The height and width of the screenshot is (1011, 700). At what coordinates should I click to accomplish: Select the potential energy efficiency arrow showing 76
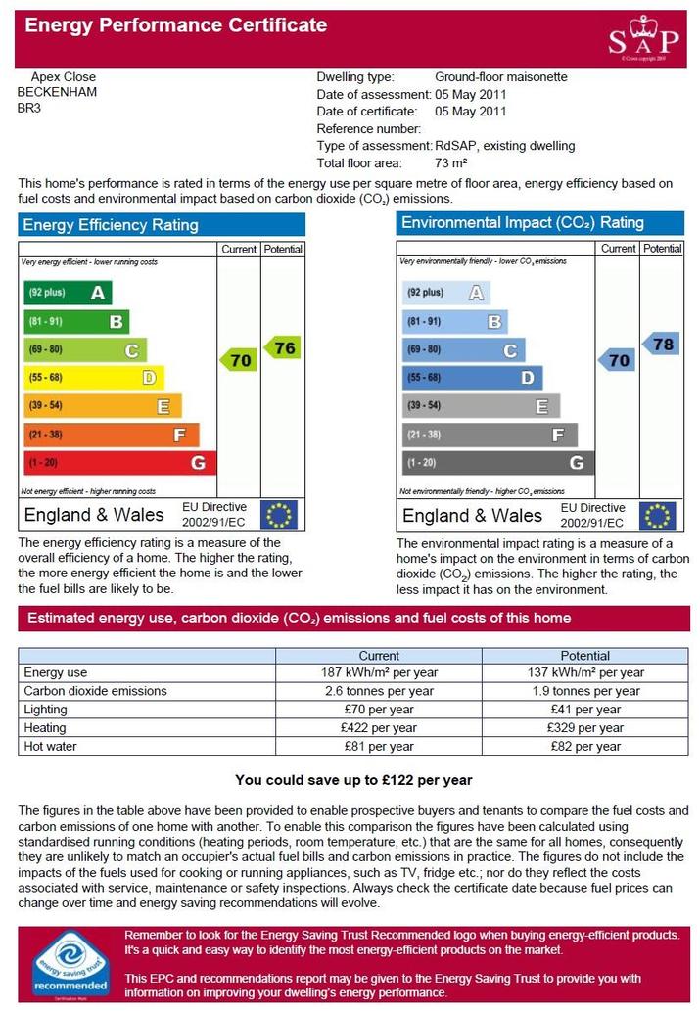pyautogui.click(x=283, y=348)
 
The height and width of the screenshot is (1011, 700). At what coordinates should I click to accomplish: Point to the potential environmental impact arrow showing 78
pyautogui.click(x=661, y=345)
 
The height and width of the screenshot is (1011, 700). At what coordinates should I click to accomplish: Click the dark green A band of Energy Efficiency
pyautogui.click(x=68, y=293)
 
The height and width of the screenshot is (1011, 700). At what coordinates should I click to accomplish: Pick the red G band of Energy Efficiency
pyautogui.click(x=120, y=462)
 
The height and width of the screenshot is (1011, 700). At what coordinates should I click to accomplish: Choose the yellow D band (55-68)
pyautogui.click(x=94, y=377)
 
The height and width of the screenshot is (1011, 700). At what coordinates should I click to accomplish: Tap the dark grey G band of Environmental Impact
pyautogui.click(x=498, y=462)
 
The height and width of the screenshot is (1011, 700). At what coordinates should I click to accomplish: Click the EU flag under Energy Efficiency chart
pyautogui.click(x=279, y=515)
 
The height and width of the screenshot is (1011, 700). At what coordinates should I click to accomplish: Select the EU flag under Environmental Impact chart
pyautogui.click(x=658, y=516)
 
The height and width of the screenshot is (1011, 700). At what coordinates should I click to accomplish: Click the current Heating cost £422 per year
pyautogui.click(x=379, y=728)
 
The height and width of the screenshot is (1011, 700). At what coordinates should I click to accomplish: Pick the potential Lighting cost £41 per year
pyautogui.click(x=585, y=710)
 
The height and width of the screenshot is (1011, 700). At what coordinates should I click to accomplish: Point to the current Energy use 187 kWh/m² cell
pyautogui.click(x=379, y=672)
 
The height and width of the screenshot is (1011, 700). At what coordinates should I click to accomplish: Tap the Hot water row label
pyautogui.click(x=50, y=746)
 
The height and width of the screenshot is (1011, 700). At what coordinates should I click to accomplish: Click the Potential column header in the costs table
pyautogui.click(x=585, y=656)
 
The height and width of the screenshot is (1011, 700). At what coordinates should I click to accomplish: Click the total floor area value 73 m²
pyautogui.click(x=451, y=163)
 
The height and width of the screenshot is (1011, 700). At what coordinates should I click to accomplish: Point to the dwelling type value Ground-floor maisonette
pyautogui.click(x=501, y=77)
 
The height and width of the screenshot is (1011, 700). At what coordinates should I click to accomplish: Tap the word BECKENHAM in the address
pyautogui.click(x=57, y=92)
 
